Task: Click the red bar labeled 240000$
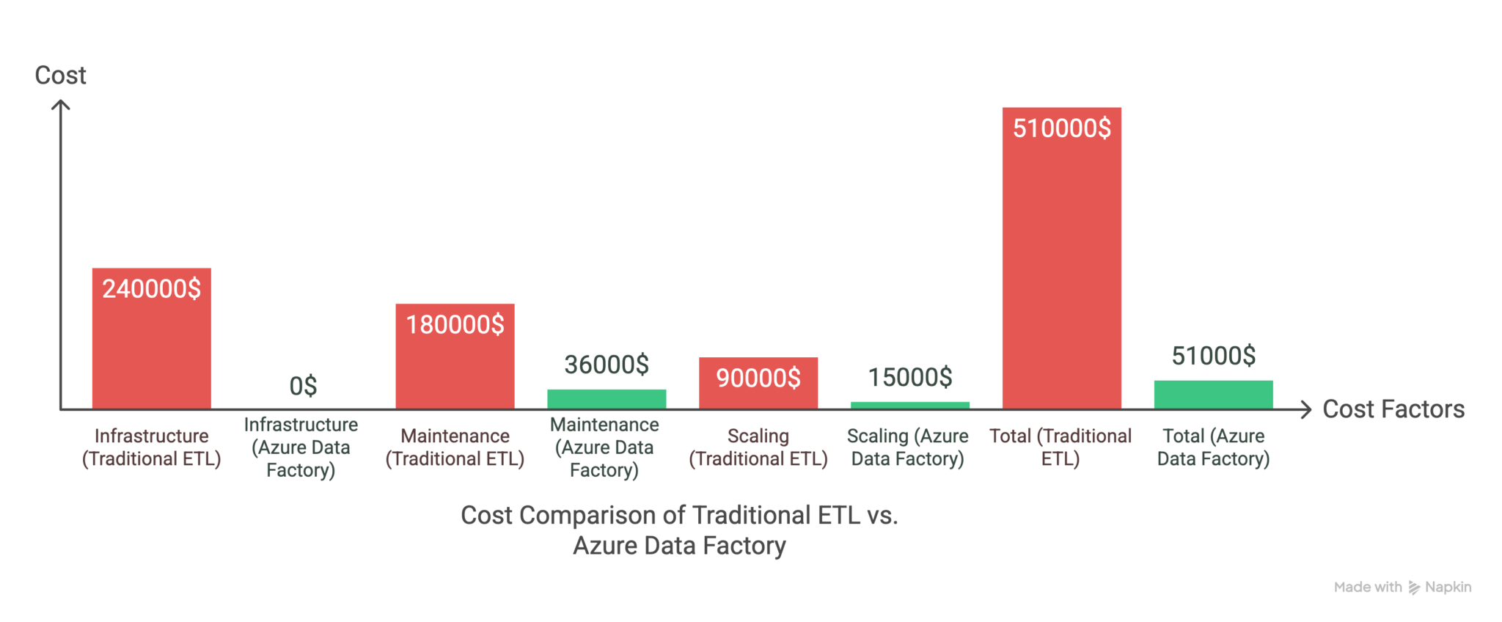coord(151,345)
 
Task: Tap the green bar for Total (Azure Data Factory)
coord(1213,395)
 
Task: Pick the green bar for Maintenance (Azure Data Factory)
coord(607,399)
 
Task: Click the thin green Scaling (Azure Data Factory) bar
coord(909,405)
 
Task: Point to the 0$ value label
coord(303,386)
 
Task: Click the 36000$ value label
coord(607,365)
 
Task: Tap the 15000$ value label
coord(910,377)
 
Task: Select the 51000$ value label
coord(1213,356)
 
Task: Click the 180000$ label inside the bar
coord(455,324)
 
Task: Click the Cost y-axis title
coord(60,75)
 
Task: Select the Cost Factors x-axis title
coord(1393,409)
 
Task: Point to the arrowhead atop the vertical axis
coord(61,105)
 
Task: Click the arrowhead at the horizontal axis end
coord(1305,409)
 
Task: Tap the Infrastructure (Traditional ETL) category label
coord(151,447)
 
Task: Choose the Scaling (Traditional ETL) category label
coord(758,447)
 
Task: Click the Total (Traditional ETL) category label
coord(1060,447)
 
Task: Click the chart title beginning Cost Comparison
coord(679,530)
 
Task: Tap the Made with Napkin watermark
coord(1402,587)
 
